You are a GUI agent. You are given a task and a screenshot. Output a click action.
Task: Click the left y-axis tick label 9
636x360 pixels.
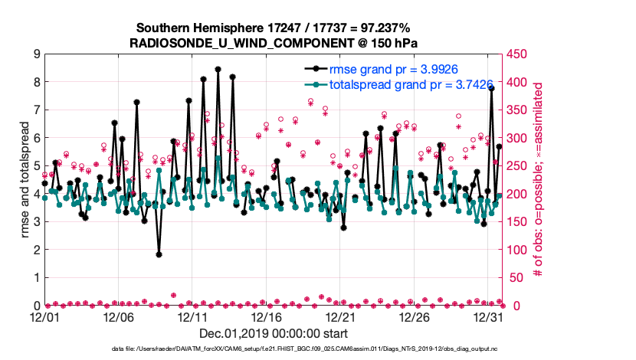35,54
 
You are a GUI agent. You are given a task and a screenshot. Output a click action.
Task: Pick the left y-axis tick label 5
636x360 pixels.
35,166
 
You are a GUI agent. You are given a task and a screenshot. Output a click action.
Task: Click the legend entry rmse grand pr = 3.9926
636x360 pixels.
384,68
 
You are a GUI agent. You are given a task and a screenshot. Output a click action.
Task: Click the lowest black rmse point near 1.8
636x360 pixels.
159,254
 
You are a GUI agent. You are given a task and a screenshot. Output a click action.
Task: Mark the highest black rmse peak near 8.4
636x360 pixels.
218,69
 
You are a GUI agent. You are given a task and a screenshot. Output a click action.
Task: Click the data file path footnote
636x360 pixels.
274,349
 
